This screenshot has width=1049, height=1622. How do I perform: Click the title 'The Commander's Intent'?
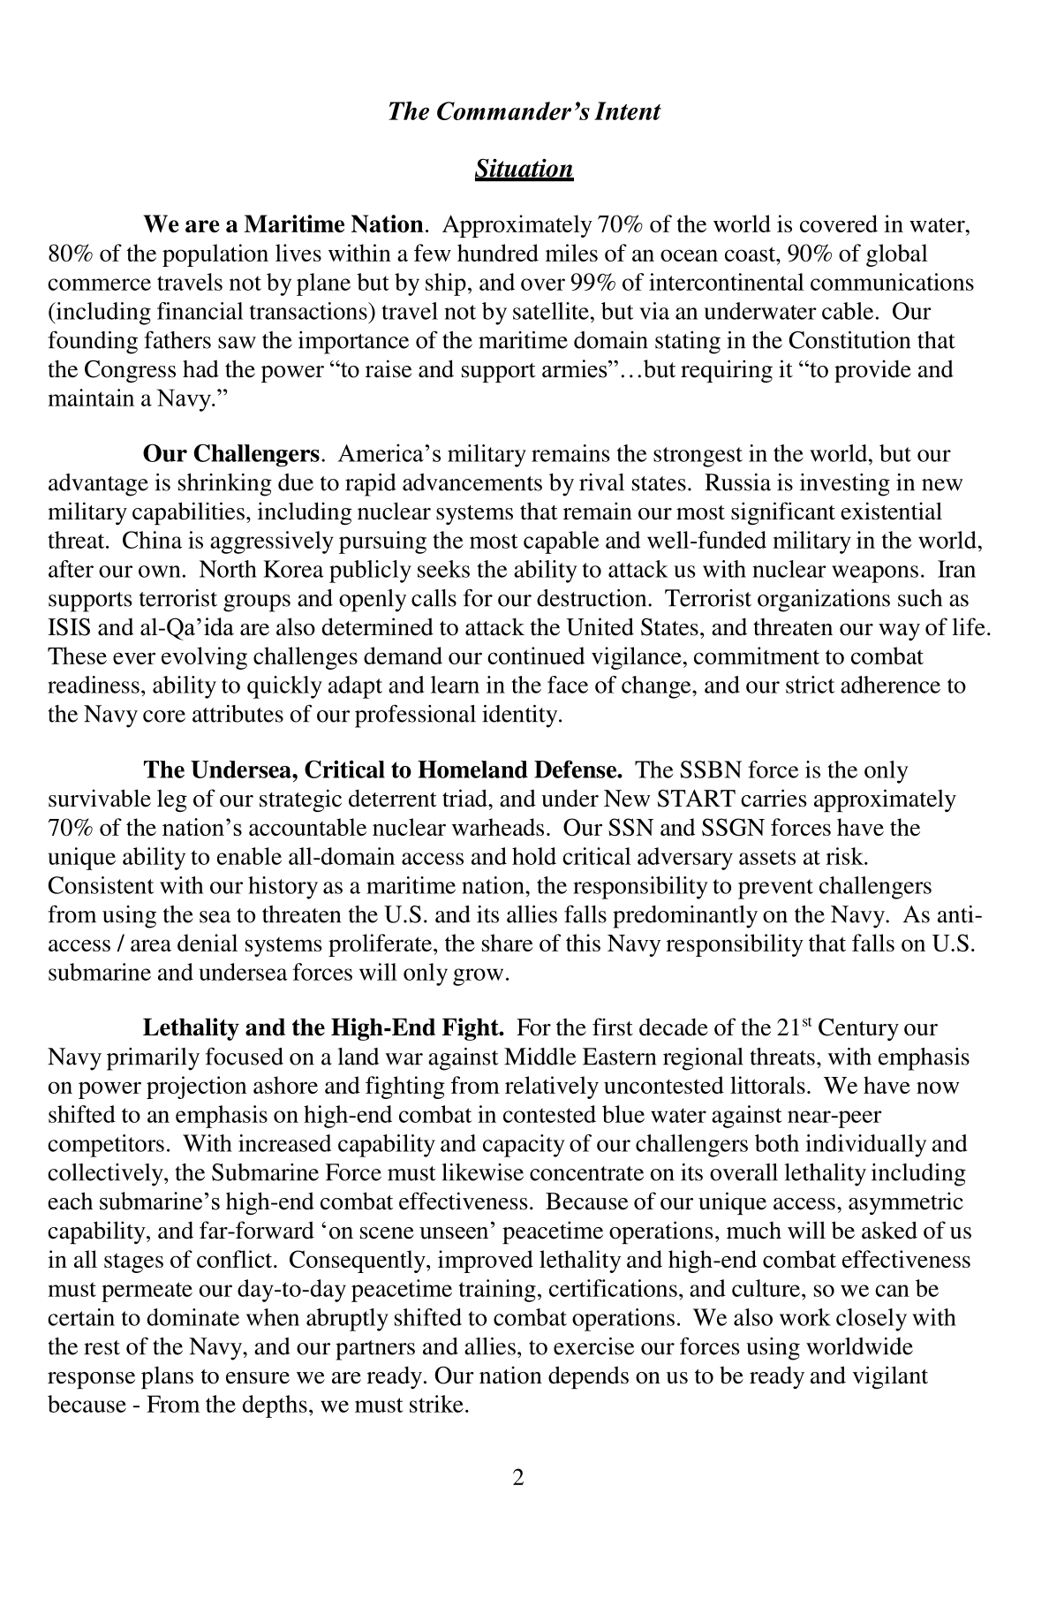[524, 112]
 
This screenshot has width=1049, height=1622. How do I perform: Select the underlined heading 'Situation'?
[524, 169]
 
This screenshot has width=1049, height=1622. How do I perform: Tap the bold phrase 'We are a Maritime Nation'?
[283, 225]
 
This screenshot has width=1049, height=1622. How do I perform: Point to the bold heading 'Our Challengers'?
[230, 455]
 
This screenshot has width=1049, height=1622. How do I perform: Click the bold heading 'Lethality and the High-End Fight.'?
[323, 1028]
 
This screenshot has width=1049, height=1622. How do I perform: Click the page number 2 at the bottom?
[518, 1476]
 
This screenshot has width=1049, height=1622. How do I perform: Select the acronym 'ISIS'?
[69, 627]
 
